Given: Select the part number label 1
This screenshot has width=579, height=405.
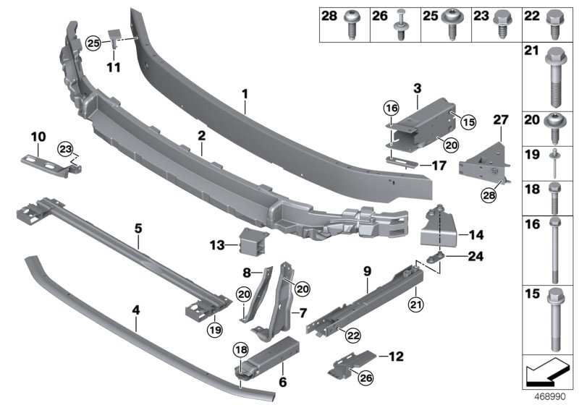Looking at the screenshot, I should (x=245, y=93).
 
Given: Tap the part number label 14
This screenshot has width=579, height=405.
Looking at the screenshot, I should (x=476, y=234).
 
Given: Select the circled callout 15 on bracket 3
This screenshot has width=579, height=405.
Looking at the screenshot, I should (x=468, y=123).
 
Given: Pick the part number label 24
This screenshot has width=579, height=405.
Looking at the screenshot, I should (x=474, y=255).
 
